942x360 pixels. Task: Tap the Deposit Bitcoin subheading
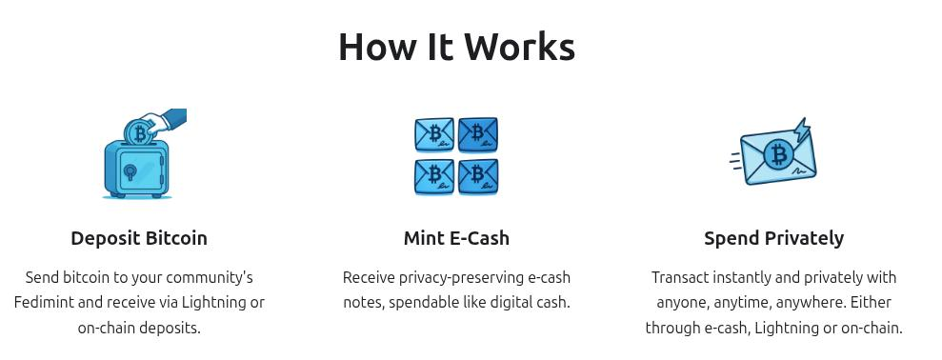click(139, 238)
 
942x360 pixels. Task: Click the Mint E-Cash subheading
click(456, 238)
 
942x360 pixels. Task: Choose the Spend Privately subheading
click(773, 238)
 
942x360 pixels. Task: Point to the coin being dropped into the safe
click(140, 132)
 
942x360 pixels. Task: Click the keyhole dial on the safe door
click(129, 172)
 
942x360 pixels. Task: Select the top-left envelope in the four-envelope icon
click(434, 135)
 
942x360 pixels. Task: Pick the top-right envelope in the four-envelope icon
click(478, 135)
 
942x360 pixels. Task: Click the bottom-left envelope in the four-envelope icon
click(434, 176)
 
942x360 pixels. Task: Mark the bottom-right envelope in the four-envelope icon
click(478, 176)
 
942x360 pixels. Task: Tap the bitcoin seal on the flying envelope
click(779, 154)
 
